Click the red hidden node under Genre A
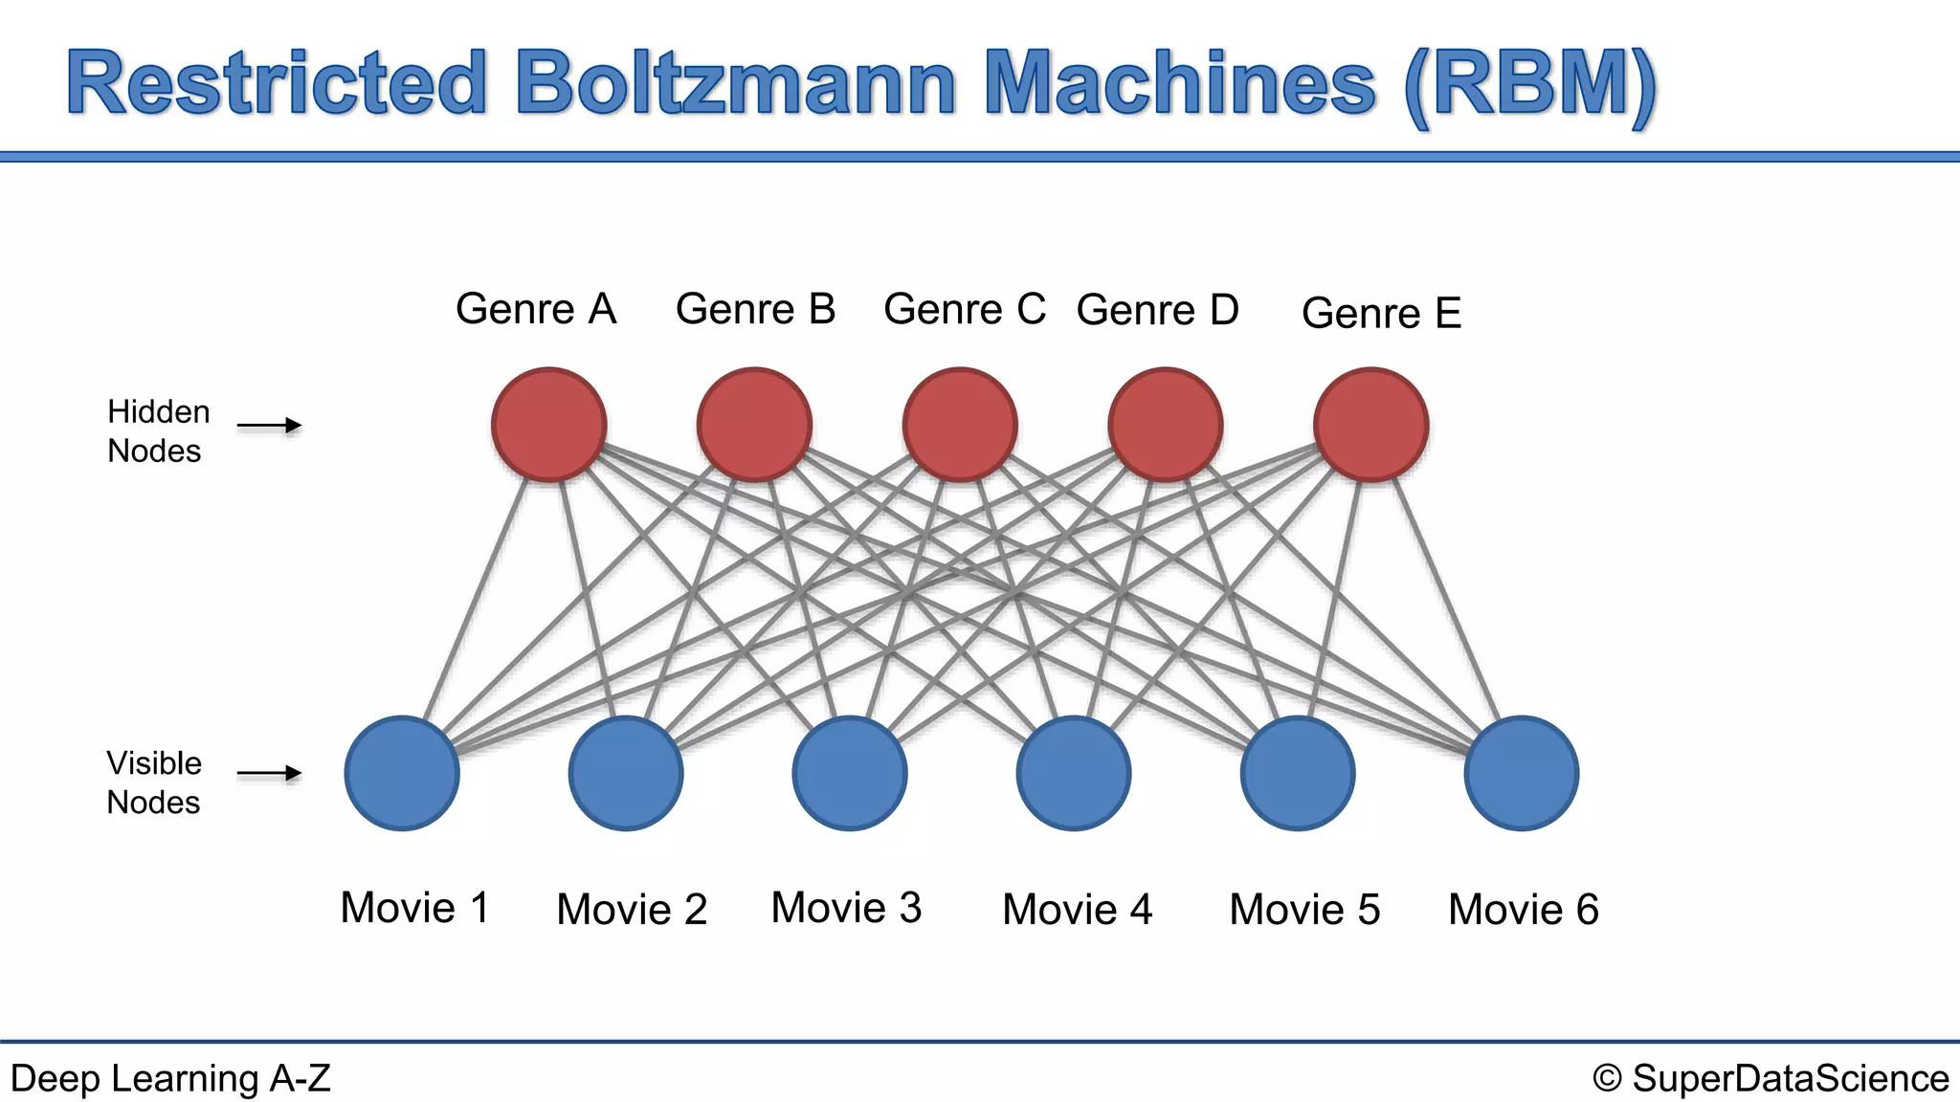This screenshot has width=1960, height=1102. point(548,425)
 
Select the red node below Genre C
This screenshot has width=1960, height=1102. point(960,425)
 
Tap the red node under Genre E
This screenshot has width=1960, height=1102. point(1370,425)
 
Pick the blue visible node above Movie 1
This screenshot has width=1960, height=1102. point(402,773)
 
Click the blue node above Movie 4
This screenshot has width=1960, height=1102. point(1074,773)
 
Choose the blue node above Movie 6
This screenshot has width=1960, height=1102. point(1522,773)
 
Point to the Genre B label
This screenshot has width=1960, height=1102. point(755,309)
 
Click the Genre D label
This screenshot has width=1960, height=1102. point(1157,310)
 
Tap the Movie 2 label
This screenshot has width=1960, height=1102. point(632,909)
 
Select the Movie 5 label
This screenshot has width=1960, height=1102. point(1304,909)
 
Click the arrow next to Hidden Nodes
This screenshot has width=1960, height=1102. point(269,426)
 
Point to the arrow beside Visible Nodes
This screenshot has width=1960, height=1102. point(269,773)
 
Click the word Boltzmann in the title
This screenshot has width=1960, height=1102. point(735,83)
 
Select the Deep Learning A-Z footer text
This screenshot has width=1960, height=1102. point(170,1078)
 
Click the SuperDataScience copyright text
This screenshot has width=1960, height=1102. point(1771,1078)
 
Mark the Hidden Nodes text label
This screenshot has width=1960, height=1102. point(157,431)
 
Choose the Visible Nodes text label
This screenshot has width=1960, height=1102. point(154,782)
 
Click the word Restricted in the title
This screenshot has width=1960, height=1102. point(278,83)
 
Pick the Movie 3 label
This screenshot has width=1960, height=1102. point(846,907)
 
